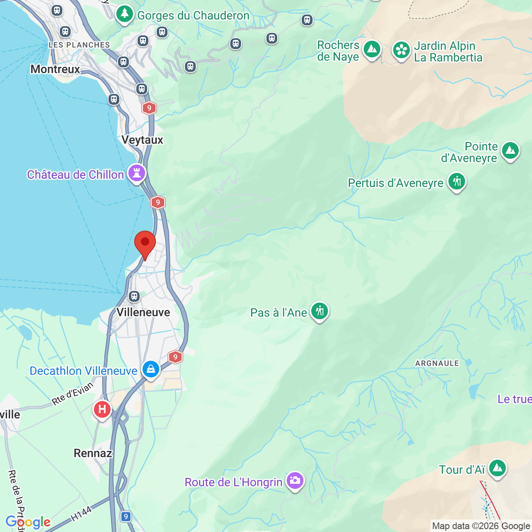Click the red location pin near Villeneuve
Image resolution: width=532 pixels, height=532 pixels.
(145, 243)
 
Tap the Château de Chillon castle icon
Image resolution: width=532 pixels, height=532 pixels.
(137, 173)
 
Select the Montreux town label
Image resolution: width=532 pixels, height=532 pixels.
(55, 69)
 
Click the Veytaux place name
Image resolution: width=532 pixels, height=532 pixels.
(142, 140)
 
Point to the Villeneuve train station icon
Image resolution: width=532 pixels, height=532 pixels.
(134, 296)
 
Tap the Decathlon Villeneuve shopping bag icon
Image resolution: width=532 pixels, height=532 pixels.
(150, 369)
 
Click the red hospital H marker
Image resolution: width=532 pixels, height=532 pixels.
(102, 409)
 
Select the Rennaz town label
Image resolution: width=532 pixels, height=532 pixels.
(93, 453)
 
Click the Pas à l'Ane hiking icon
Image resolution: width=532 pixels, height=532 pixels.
(320, 311)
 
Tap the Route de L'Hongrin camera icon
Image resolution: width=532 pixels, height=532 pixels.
(295, 480)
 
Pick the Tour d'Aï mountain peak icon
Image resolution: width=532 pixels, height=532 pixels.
(497, 468)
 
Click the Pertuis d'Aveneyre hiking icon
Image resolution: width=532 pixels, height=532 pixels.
(457, 182)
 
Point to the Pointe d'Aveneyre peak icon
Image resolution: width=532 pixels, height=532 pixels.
(510, 150)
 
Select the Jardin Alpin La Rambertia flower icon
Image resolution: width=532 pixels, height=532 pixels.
(401, 50)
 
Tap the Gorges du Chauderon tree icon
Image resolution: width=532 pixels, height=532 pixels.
(124, 14)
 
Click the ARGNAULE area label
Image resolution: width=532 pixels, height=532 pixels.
(437, 363)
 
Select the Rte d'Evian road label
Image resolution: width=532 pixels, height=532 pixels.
(72, 393)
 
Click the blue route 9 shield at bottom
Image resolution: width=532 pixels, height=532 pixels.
(126, 517)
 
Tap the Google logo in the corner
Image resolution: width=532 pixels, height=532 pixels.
(28, 522)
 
